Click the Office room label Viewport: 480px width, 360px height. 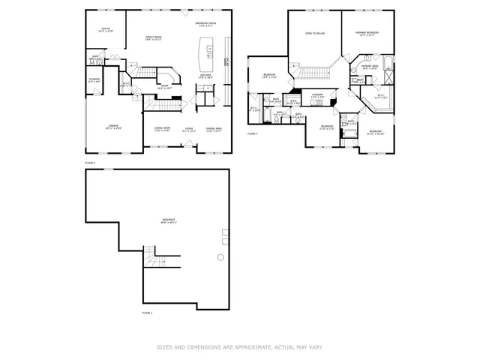tap(106, 30)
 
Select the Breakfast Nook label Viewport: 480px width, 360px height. tap(206, 25)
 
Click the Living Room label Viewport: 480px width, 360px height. tap(162, 129)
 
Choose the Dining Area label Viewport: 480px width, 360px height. tap(214, 129)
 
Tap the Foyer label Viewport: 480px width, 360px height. tap(189, 130)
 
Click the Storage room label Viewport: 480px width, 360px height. tap(94, 79)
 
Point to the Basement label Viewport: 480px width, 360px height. tap(169, 221)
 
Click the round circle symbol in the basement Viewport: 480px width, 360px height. tap(220, 257)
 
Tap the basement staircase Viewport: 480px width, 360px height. tap(154, 261)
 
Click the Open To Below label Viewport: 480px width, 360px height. tap(314, 34)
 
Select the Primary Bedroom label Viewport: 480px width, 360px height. tap(367, 34)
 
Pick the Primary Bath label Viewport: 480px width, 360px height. tap(370, 67)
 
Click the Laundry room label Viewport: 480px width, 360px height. tap(317, 95)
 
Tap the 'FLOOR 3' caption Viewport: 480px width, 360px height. tap(253, 133)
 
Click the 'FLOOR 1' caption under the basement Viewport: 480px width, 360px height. tap(147, 312)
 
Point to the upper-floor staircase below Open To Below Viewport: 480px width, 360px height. tap(314, 72)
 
